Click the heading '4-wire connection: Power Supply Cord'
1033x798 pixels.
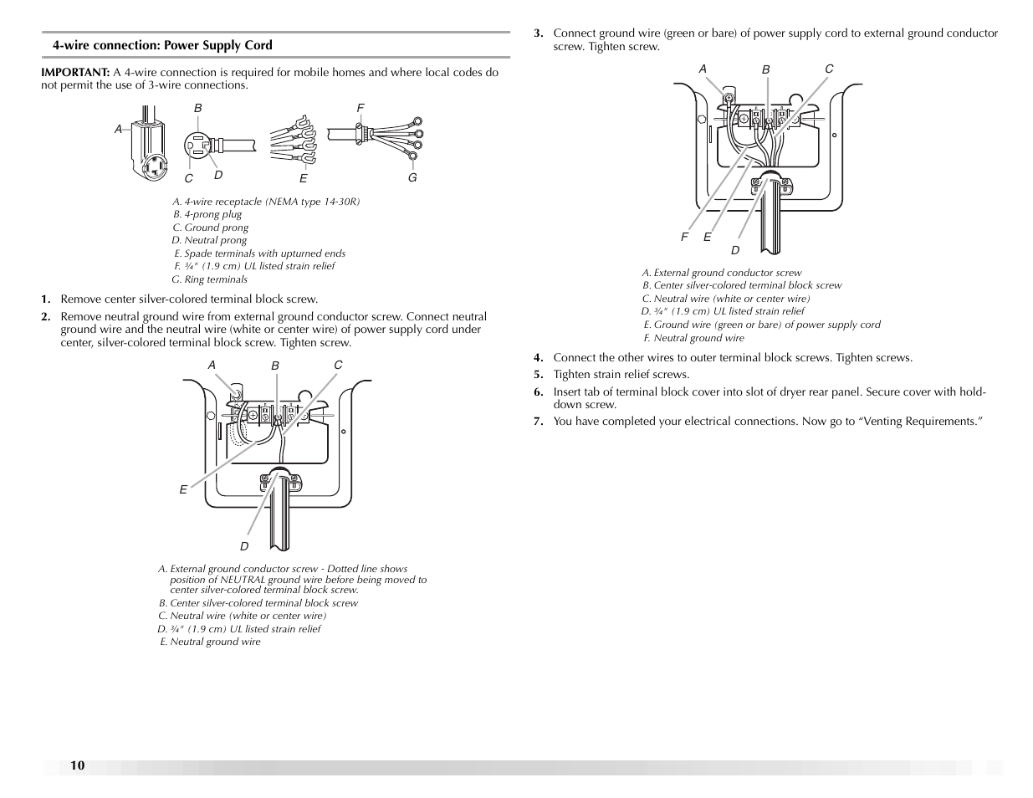[x=162, y=45]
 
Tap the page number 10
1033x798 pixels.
[x=77, y=765]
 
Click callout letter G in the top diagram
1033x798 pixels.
[x=412, y=178]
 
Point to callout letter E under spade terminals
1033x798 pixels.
[x=304, y=179]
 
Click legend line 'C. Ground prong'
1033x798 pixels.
[x=211, y=228]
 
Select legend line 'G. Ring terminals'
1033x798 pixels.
[x=210, y=279]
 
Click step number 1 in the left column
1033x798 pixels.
[x=46, y=299]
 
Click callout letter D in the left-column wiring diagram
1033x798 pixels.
[x=244, y=546]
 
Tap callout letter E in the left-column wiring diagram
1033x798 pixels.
[x=183, y=490]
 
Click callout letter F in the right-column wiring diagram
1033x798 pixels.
[x=684, y=238]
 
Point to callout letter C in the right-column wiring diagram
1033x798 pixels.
[x=829, y=69]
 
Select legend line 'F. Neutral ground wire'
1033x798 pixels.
[x=693, y=338]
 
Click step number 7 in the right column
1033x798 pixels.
[x=539, y=421]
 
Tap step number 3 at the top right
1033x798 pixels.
[x=539, y=33]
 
